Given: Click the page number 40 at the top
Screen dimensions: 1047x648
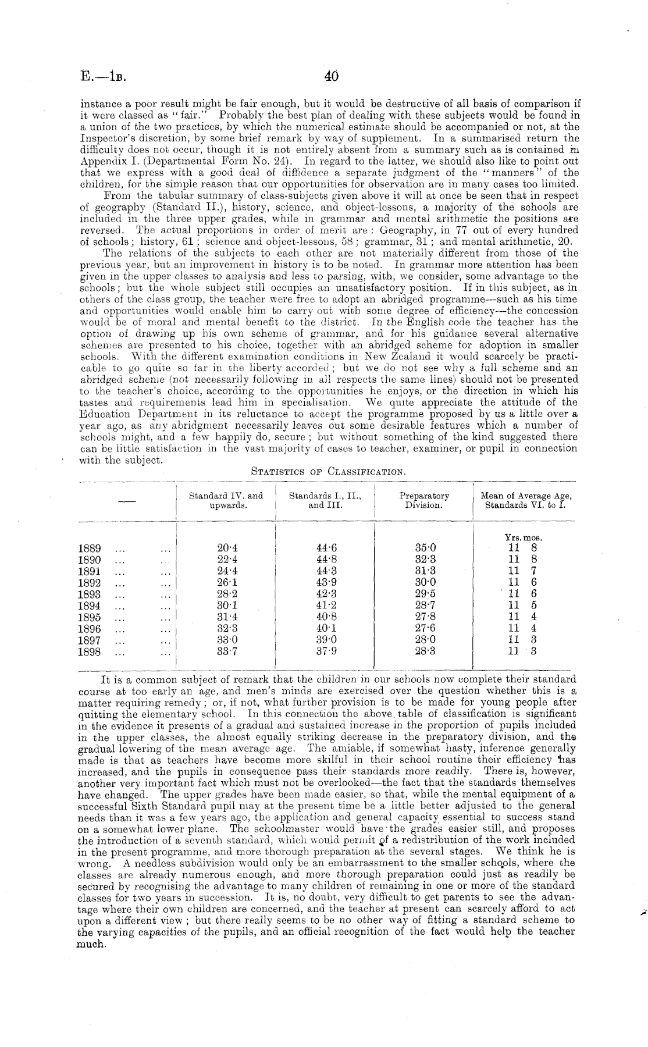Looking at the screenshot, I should [332, 77].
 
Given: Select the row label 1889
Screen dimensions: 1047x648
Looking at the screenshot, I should [89, 549].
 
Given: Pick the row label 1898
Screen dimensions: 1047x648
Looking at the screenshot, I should [89, 651].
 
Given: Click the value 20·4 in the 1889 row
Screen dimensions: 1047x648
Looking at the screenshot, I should [227, 548].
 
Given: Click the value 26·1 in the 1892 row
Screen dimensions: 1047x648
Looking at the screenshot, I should [227, 583].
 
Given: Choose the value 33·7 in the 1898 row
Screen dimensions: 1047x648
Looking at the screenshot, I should [227, 651].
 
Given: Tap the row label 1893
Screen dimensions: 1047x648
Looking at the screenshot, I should [89, 594].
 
